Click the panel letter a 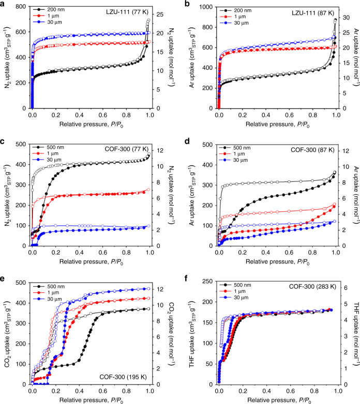click(x=4, y=4)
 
